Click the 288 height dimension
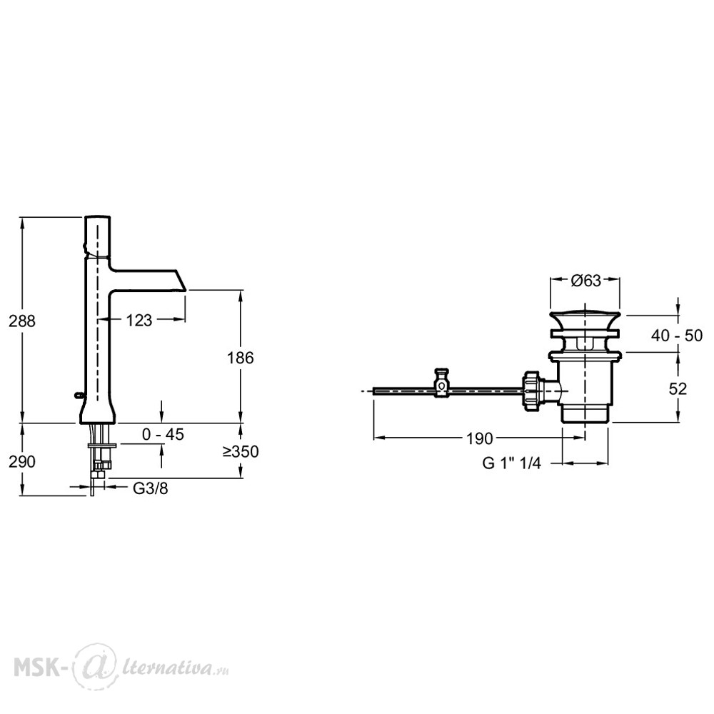point(22,321)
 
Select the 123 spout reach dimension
point(139,321)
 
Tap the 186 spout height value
point(240,358)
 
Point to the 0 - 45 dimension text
point(163,434)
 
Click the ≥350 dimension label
point(241,451)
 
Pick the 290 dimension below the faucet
point(22,462)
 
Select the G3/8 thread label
point(150,488)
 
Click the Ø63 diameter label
point(585,281)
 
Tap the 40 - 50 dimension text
point(677,336)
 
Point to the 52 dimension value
point(678,388)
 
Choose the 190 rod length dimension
point(480,439)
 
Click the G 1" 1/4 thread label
point(512,463)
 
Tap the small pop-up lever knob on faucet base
point(79,395)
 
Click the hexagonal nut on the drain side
point(531,391)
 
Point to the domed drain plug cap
point(585,319)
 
